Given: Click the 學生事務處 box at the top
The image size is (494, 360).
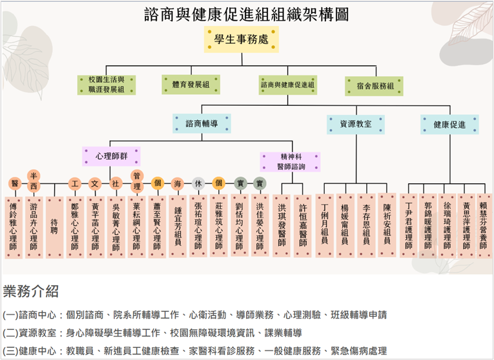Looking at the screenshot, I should coord(242,40).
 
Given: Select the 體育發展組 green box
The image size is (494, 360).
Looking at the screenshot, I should coord(190,85).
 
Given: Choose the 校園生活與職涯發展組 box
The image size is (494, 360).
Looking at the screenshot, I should coord(106,85).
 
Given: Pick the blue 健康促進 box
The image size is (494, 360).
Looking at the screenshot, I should coord(449,125).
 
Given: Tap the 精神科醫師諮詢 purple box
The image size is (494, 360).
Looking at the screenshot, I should coord(290,161).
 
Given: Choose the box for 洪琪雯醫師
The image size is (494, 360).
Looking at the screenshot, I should coord(282,226).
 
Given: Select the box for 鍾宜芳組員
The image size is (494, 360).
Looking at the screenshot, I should coord(178,226).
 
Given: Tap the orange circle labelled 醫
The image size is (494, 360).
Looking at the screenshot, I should coord(14,184).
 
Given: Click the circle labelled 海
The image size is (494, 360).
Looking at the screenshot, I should coord(177,183).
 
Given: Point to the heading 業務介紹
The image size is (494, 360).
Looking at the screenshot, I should coord(30,290).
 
